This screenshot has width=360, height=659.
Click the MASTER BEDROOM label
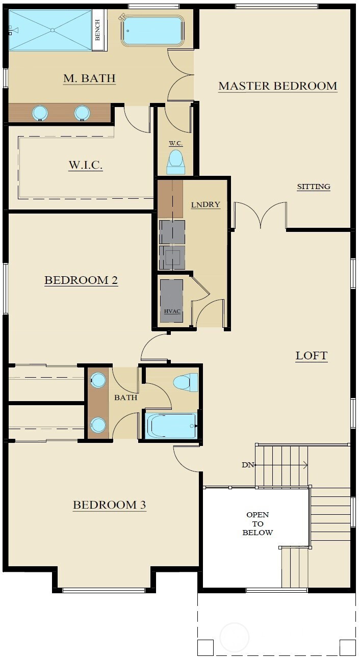pos(277,86)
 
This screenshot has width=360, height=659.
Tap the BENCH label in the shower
pos(98,30)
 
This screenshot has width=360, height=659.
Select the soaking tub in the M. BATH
pos(152,31)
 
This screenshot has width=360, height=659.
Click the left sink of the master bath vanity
pos(40,113)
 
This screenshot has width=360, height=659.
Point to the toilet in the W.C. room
pos(176,162)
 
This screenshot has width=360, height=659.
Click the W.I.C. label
pos(86,165)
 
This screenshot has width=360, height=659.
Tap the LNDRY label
pos(205,204)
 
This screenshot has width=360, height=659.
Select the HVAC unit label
pos(172,311)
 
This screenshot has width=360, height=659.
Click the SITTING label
pos(314,187)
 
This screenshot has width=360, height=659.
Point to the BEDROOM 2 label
pos(81,280)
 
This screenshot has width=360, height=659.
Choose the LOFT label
pos(312,356)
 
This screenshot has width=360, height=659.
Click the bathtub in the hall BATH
pos(170,426)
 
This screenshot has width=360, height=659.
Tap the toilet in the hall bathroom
pos(186,382)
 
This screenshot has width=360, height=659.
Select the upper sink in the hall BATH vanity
pos(98,380)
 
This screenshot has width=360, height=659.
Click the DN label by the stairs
pos(247,465)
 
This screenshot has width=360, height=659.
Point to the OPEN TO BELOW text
pos(258,523)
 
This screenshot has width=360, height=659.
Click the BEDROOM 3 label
pos(109,505)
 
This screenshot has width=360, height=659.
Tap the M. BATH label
pos(89,78)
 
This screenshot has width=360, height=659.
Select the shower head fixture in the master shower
pos(13,30)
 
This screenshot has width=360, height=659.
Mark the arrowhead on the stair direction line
pos(305,465)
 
